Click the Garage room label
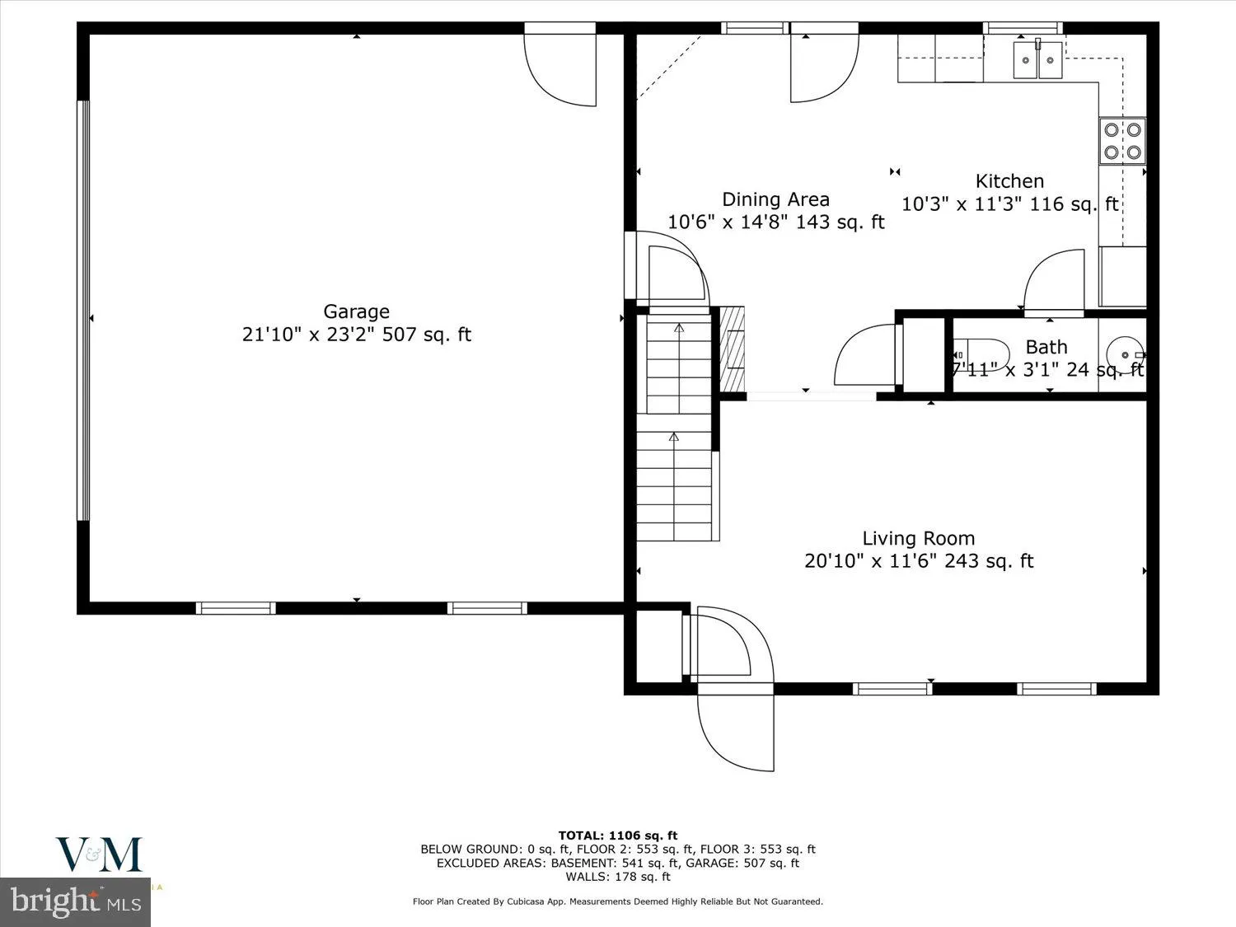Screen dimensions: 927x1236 [356, 311]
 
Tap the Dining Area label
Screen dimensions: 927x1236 [775, 199]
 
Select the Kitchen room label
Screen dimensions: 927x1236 [1009, 181]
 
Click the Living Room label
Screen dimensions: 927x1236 [918, 539]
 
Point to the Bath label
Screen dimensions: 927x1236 [1046, 347]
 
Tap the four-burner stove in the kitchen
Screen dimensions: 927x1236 [1122, 140]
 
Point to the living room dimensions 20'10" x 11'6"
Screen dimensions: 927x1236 [918, 561]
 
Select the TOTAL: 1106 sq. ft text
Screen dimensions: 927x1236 [617, 836]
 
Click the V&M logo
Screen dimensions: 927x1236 [99, 854]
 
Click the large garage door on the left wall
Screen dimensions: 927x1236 [82, 311]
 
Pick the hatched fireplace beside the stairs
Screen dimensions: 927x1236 [733, 349]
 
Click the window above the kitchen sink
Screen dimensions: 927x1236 [1023, 28]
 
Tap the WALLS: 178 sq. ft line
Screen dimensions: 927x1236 [617, 876]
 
